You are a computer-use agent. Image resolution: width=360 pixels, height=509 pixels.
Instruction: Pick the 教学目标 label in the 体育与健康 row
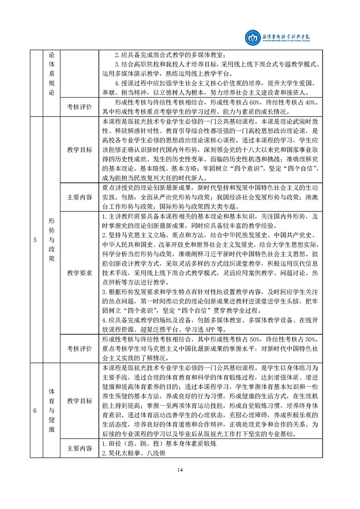coord(79,401)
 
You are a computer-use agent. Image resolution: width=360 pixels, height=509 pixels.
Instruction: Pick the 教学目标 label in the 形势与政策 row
coord(79,150)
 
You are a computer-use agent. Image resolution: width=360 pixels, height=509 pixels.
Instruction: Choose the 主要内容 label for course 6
coord(79,449)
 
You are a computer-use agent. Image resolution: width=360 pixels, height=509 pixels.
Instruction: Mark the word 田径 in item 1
coord(112,444)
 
